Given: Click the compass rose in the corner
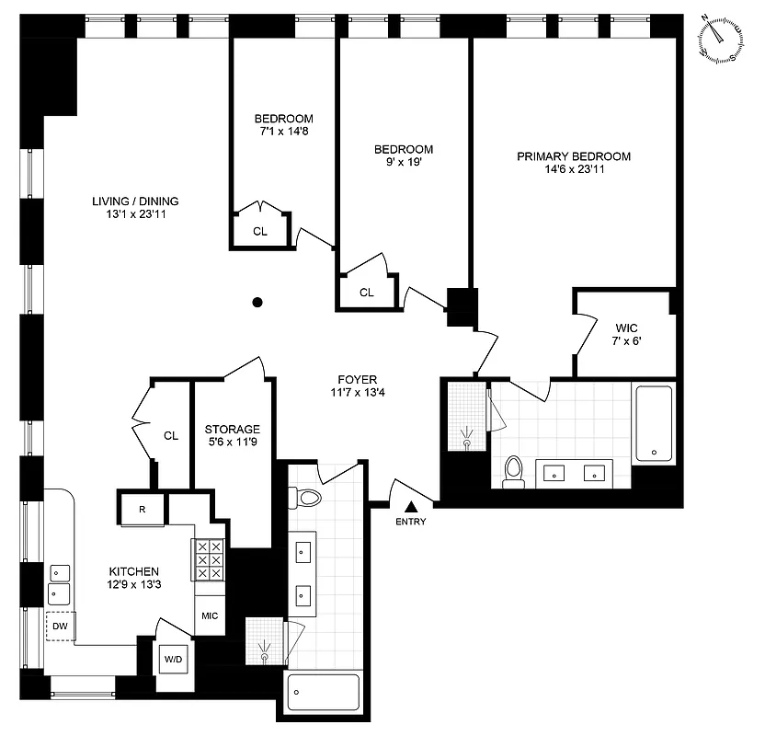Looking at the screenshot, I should click(722, 40).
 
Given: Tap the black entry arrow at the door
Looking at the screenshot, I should click(412, 505).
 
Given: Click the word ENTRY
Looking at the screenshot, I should click(411, 522).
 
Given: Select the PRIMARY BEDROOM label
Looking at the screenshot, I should click(574, 156).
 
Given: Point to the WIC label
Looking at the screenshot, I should click(626, 326).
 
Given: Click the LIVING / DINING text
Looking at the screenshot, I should click(135, 201).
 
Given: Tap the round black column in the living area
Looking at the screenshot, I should click(258, 301).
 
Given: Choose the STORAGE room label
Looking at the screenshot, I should click(232, 429).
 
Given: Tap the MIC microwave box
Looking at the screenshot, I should click(209, 615).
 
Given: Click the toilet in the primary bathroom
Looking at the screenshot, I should click(513, 470).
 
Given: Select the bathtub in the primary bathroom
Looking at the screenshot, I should click(653, 423).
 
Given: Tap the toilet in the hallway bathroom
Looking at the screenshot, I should click(308, 499).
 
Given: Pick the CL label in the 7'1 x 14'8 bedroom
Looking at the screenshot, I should click(260, 231).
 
